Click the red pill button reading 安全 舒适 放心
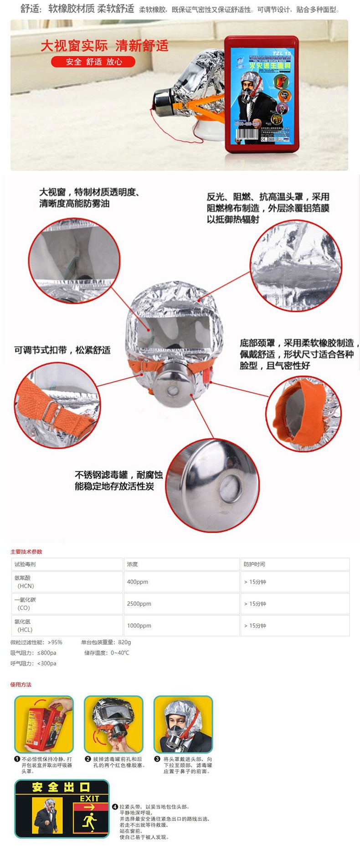click(x=93, y=61)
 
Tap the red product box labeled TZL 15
click(x=261, y=94)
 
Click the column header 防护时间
click(x=254, y=564)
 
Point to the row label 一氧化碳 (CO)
click(x=25, y=604)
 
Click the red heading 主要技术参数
click(x=26, y=552)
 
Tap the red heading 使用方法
click(x=21, y=685)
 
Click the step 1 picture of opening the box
click(x=44, y=724)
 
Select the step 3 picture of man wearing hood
click(x=183, y=724)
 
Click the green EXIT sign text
click(x=89, y=798)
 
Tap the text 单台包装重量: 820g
click(x=106, y=642)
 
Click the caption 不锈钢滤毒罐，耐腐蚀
click(x=118, y=475)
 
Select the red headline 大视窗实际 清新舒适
click(x=104, y=46)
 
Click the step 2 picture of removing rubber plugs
click(x=113, y=724)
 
